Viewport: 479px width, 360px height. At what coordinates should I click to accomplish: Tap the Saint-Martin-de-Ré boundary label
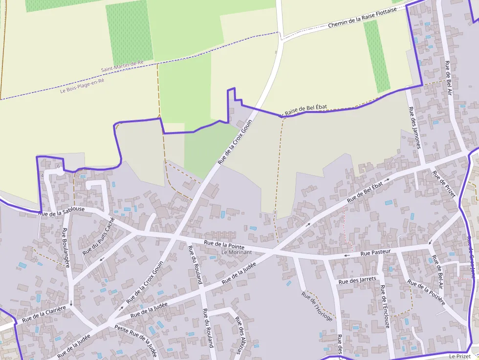(x=122, y=66)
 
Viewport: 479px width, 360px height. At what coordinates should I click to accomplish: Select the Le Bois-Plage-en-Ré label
(x=82, y=86)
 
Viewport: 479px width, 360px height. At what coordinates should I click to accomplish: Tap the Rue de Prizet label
(x=444, y=186)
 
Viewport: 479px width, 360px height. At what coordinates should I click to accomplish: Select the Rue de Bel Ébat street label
(x=364, y=193)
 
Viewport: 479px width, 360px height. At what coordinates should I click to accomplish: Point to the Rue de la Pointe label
(x=224, y=245)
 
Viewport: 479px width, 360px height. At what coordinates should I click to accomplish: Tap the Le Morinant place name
(x=237, y=252)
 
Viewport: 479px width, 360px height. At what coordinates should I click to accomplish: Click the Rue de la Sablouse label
(x=62, y=211)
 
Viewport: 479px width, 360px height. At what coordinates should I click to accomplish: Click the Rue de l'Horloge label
(x=317, y=306)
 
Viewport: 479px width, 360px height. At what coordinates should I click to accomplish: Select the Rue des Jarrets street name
(x=357, y=280)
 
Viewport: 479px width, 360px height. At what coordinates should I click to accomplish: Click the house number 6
(x=58, y=166)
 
